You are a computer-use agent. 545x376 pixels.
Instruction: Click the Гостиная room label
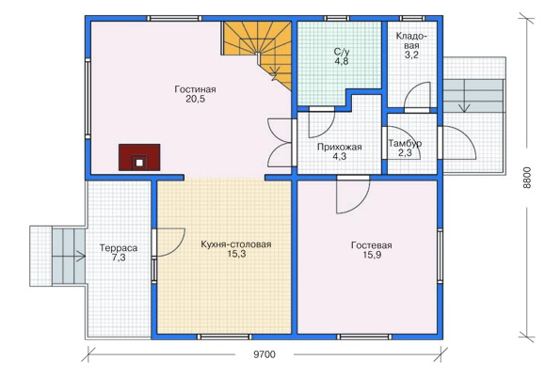pos(195,89)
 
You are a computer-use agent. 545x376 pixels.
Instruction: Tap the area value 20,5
pos(195,99)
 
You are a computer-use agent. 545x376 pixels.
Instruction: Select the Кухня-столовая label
pos(236,244)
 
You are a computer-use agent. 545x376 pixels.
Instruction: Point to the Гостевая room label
pos(372,245)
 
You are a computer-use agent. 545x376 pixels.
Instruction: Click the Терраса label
pos(119,248)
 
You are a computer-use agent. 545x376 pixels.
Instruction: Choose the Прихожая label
pos(340,147)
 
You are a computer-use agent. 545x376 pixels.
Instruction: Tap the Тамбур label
pos(406,143)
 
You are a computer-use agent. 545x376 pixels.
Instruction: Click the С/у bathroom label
pos(342,52)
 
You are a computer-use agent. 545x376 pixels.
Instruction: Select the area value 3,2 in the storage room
pos(411,55)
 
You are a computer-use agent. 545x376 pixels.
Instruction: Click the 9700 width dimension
pos(264,354)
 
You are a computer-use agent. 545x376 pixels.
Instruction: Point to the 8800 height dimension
pos(527,178)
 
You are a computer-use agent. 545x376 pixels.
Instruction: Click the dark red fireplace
pos(139,157)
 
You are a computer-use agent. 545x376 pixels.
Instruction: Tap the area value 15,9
pos(372,255)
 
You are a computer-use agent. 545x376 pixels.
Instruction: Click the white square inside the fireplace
pos(139,163)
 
